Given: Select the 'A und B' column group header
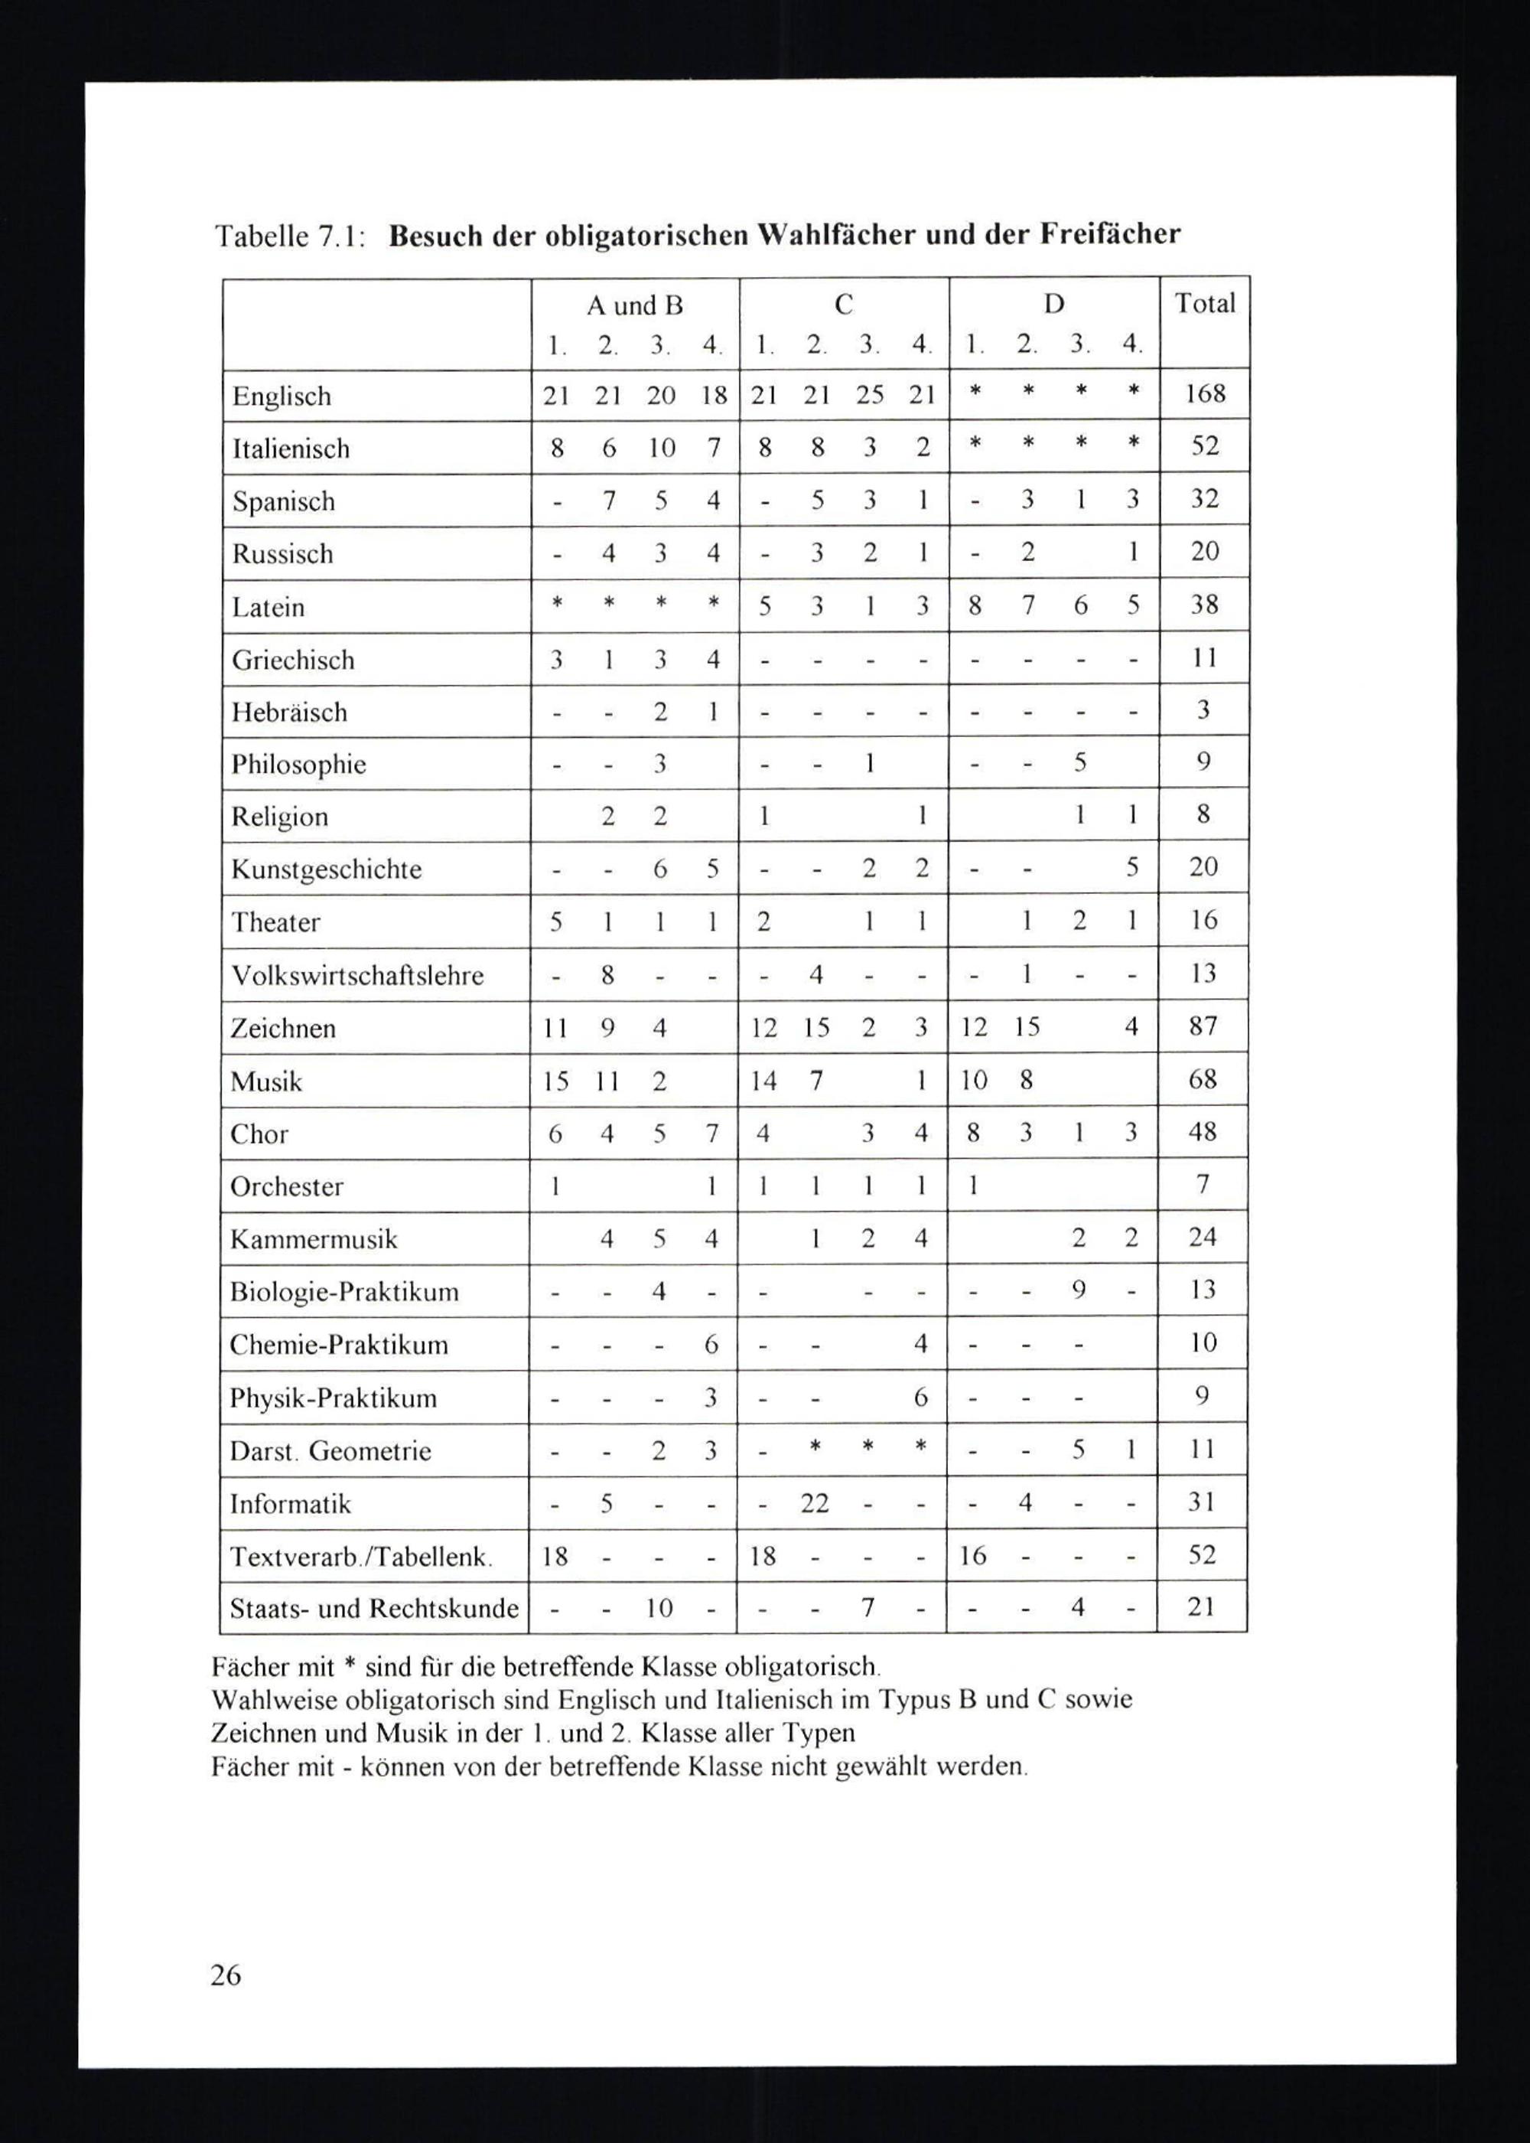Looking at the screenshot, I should tap(635, 305).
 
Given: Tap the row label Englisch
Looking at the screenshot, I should tap(282, 396).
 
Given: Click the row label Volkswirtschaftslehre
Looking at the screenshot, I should tap(357, 974).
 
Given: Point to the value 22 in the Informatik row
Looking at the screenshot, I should tap(814, 1502).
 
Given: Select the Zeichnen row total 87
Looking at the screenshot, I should tap(1203, 1026).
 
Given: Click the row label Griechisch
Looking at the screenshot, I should tap(293, 660).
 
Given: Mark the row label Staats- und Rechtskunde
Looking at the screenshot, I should tap(374, 1608).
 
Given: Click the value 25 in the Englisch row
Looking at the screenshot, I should tap(868, 394).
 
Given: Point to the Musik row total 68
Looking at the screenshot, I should tap(1203, 1079).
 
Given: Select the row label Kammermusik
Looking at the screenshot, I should tap(314, 1238).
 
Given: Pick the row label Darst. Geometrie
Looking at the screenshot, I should tap(330, 1450).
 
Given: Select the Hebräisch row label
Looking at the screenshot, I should tap(289, 713).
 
